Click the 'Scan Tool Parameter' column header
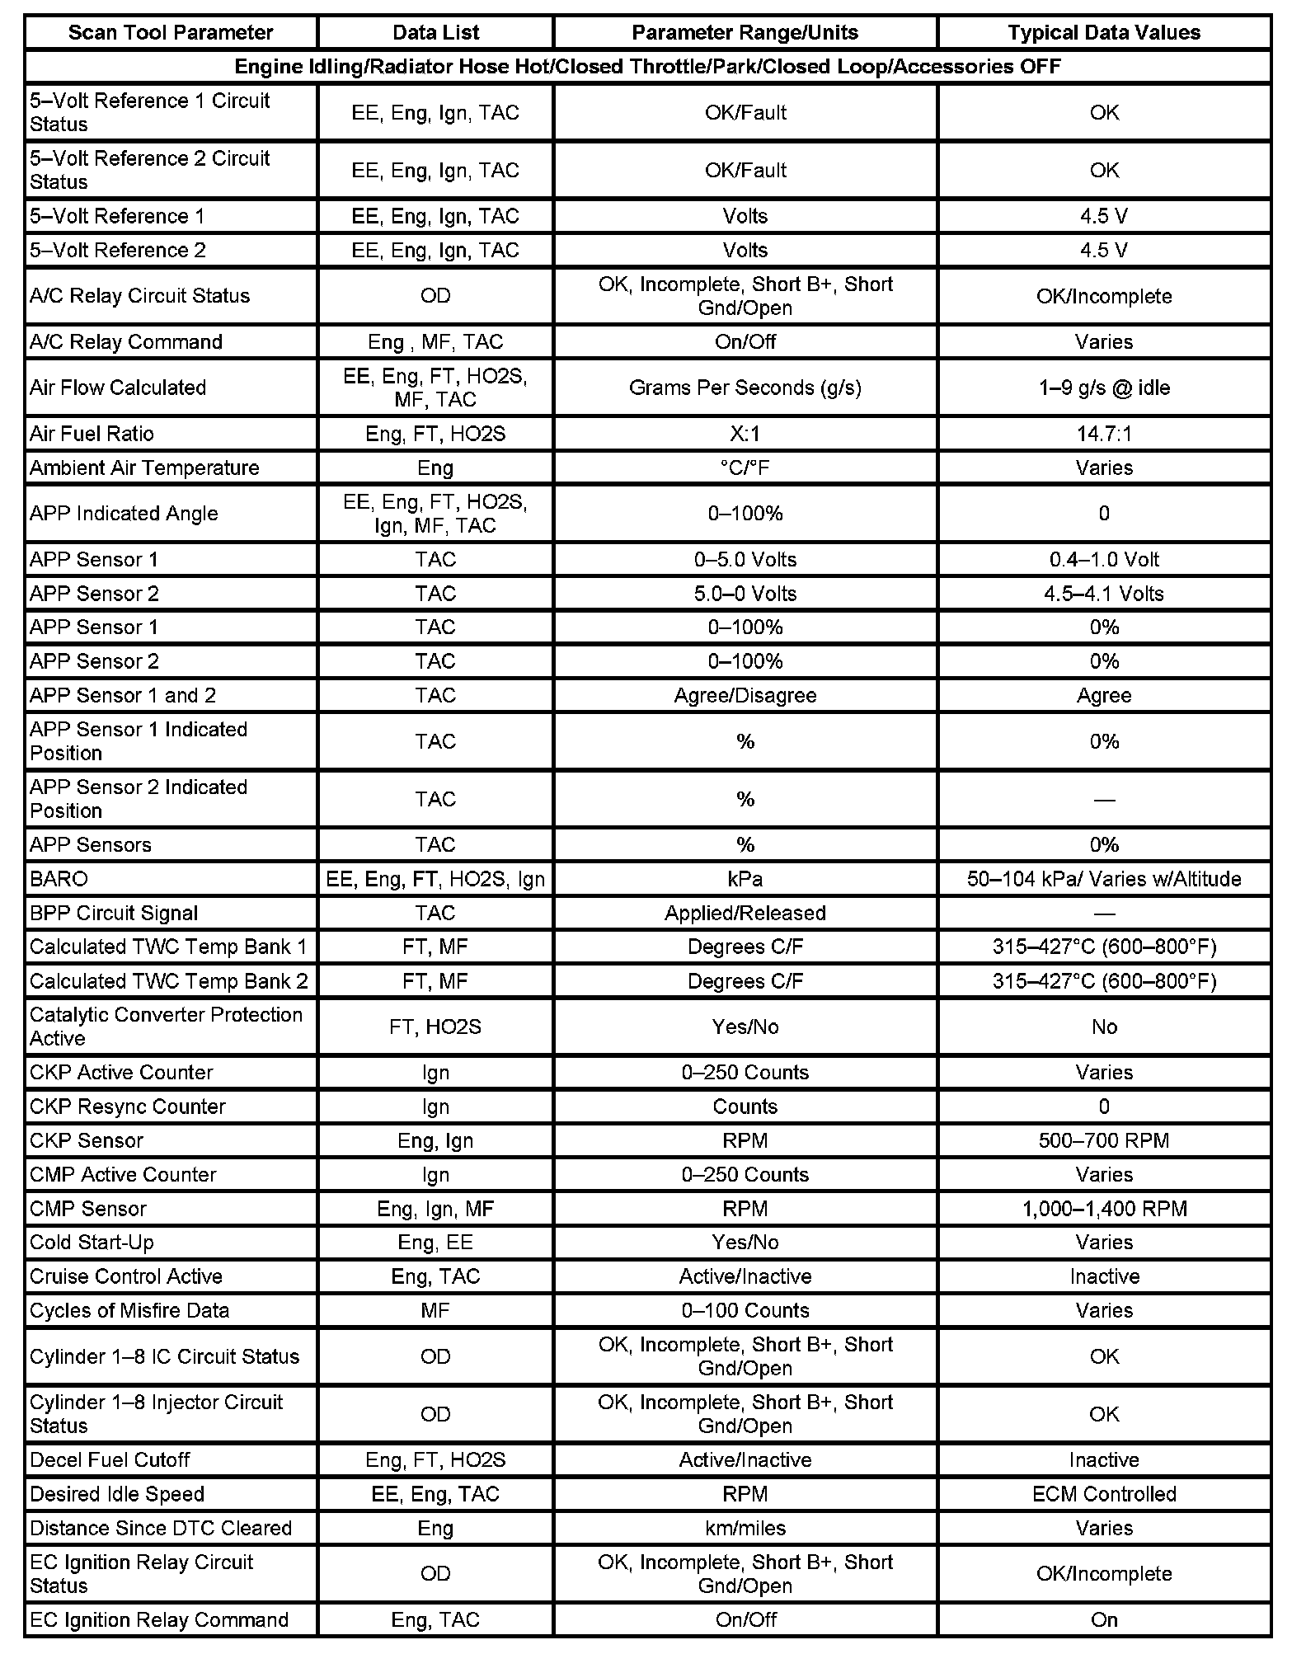point(171,33)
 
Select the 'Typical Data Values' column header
point(1104,33)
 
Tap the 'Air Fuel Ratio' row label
point(92,434)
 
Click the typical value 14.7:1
point(1104,434)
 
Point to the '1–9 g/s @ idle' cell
point(1104,388)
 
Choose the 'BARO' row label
point(59,879)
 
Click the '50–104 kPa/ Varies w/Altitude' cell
point(1104,879)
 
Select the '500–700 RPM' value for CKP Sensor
point(1104,1140)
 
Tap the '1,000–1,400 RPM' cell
point(1104,1209)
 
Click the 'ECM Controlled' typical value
point(1104,1494)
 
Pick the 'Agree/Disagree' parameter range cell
point(745,695)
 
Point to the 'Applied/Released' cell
point(745,913)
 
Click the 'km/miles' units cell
point(745,1528)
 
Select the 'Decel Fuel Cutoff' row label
point(110,1460)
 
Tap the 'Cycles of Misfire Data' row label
point(129,1310)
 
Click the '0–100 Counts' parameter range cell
point(745,1310)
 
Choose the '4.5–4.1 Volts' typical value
point(1104,594)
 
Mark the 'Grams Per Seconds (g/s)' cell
point(745,388)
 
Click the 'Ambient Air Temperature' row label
point(144,468)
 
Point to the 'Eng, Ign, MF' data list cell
point(435,1209)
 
